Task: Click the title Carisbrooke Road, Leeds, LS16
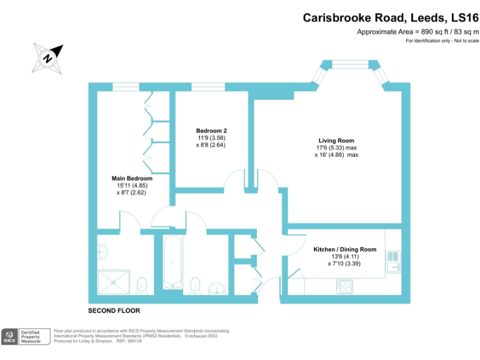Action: pyautogui.click(x=391, y=17)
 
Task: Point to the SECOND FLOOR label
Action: pyautogui.click(x=114, y=311)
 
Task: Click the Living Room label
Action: pyautogui.click(x=336, y=141)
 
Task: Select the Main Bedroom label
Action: pyautogui.click(x=132, y=178)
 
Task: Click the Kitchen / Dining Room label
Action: pyautogui.click(x=345, y=249)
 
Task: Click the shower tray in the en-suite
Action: pyautogui.click(x=114, y=281)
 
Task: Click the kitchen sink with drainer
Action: pyautogui.click(x=393, y=261)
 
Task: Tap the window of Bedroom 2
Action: pyautogui.click(x=208, y=86)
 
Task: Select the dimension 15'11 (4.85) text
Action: pyautogui.click(x=132, y=186)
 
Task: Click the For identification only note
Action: pyautogui.click(x=442, y=41)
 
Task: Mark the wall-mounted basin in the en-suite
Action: pyautogui.click(x=103, y=251)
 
